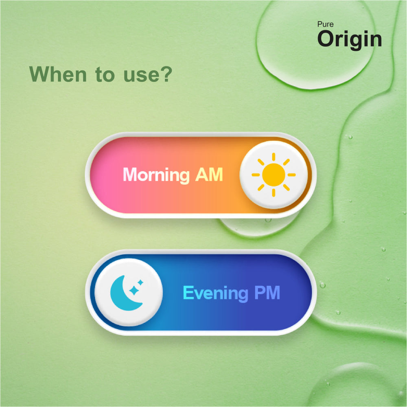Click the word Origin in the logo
pyautogui.click(x=349, y=39)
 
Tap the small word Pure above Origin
pyautogui.click(x=325, y=24)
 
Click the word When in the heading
pyautogui.click(x=58, y=74)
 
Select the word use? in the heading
pyautogui.click(x=148, y=74)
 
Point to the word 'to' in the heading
pyautogui.click(x=105, y=75)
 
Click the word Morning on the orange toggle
pyautogui.click(x=156, y=175)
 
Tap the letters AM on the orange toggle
pyautogui.click(x=209, y=175)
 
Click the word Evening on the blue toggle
pyautogui.click(x=216, y=293)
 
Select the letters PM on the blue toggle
pyautogui.click(x=267, y=293)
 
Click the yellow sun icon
pyautogui.click(x=274, y=175)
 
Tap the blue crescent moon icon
pyautogui.click(x=125, y=293)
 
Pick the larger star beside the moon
pyautogui.click(x=134, y=291)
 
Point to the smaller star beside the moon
pyautogui.click(x=140, y=282)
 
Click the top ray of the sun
pyautogui.click(x=274, y=157)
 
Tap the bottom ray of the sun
pyautogui.click(x=274, y=193)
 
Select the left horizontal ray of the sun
pyautogui.click(x=256, y=175)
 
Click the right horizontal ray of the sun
pyautogui.click(x=292, y=175)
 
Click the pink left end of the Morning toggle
pyautogui.click(x=104, y=175)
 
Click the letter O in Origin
pyautogui.click(x=327, y=38)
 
